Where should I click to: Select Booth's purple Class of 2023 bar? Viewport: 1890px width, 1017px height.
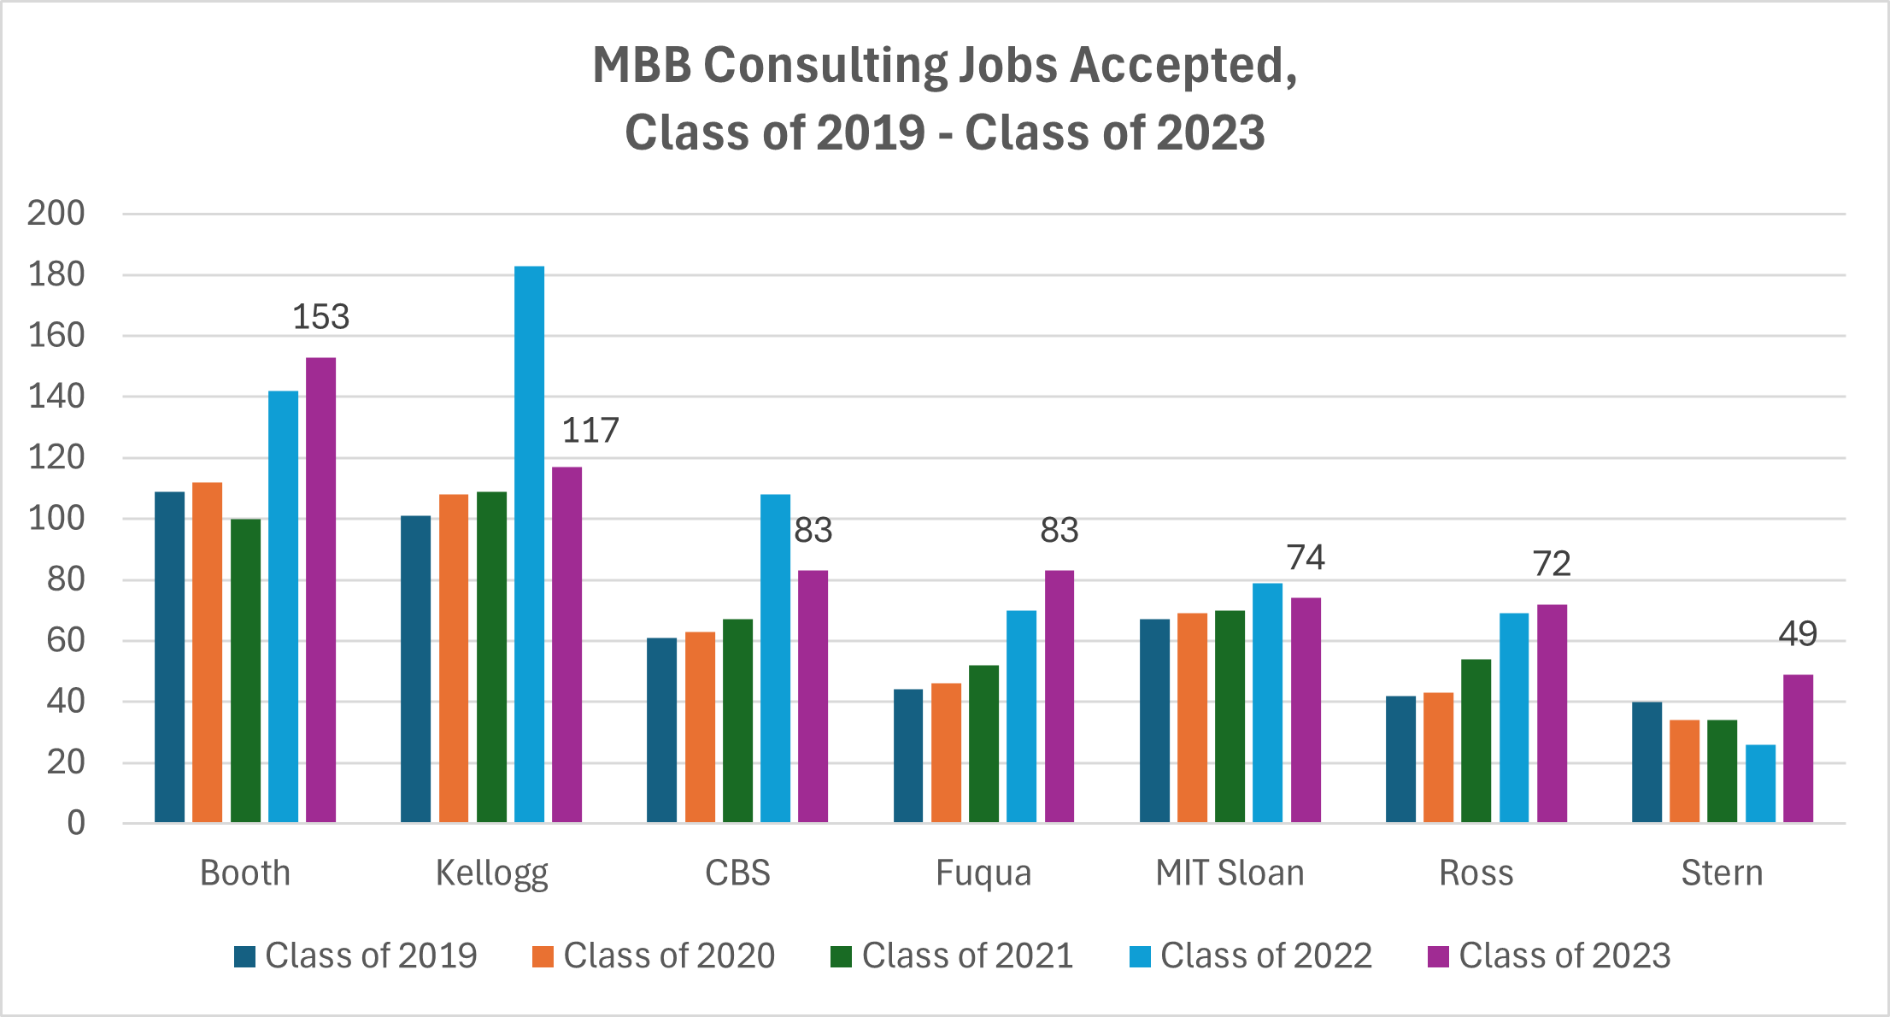pyautogui.click(x=320, y=590)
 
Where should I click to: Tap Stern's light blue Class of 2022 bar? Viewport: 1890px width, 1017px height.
pyautogui.click(x=1760, y=784)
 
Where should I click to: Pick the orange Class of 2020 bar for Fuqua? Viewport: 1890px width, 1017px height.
pyautogui.click(x=946, y=753)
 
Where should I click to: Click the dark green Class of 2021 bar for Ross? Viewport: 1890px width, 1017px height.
pyautogui.click(x=1476, y=741)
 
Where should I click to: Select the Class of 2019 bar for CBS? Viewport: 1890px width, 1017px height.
pyautogui.click(x=661, y=730)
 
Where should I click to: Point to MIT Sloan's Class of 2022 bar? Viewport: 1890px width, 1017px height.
pyautogui.click(x=1267, y=702)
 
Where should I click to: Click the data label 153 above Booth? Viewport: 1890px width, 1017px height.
pyautogui.click(x=320, y=317)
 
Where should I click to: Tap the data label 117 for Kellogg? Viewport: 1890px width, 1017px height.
pyautogui.click(x=590, y=431)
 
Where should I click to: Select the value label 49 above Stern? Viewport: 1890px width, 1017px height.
pyautogui.click(x=1797, y=634)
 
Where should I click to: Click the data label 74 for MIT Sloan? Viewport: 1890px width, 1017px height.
pyautogui.click(x=1306, y=558)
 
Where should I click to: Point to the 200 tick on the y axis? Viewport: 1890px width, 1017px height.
pyautogui.click(x=56, y=213)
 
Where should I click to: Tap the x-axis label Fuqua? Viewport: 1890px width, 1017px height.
pyautogui.click(x=983, y=873)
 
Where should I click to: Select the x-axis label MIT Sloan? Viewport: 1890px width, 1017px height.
pyautogui.click(x=1230, y=873)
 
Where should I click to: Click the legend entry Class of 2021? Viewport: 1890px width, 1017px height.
pyautogui.click(x=952, y=955)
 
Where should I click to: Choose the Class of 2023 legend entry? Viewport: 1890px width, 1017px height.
pyautogui.click(x=1548, y=955)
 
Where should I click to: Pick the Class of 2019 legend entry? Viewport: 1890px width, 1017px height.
pyautogui.click(x=355, y=955)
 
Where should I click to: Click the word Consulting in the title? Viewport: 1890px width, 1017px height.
pyautogui.click(x=825, y=66)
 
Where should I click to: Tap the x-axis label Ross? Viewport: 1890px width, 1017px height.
pyautogui.click(x=1476, y=873)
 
